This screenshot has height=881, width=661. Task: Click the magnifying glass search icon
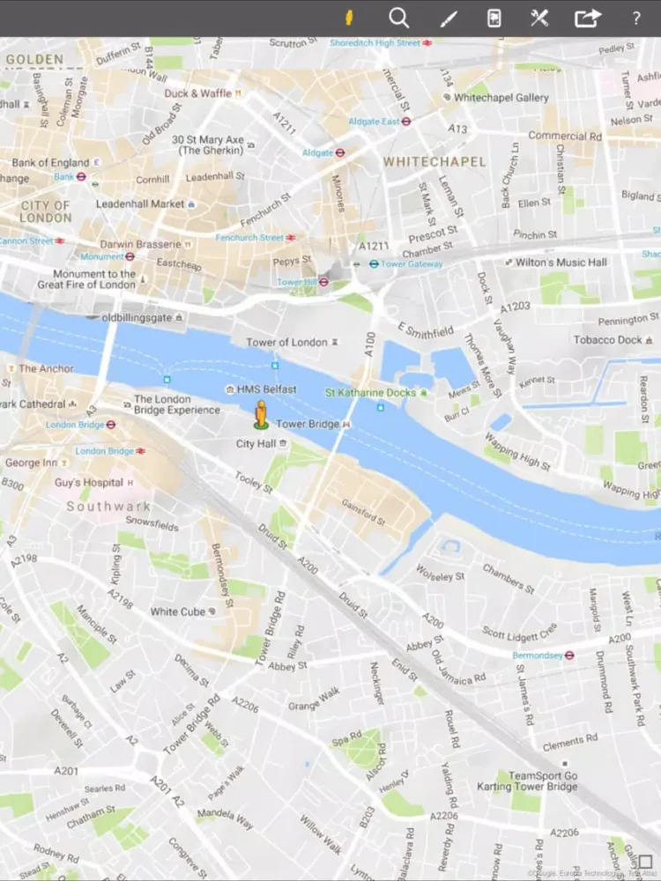(399, 18)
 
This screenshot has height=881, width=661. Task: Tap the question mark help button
(636, 19)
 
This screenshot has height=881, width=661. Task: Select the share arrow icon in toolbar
(587, 19)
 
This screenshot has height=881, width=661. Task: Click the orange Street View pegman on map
(261, 413)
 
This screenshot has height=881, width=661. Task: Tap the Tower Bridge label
(308, 425)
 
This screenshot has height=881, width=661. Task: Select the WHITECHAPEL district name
(434, 162)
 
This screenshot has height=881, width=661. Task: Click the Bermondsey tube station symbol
(569, 655)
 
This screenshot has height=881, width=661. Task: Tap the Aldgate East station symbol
(405, 122)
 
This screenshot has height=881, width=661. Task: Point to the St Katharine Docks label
(370, 392)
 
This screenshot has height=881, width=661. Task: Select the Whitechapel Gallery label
(501, 98)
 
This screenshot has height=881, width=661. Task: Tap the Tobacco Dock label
(608, 340)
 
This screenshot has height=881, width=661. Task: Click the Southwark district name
(108, 507)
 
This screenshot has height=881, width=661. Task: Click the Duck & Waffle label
(198, 93)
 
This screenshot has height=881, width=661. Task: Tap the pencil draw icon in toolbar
(449, 19)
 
